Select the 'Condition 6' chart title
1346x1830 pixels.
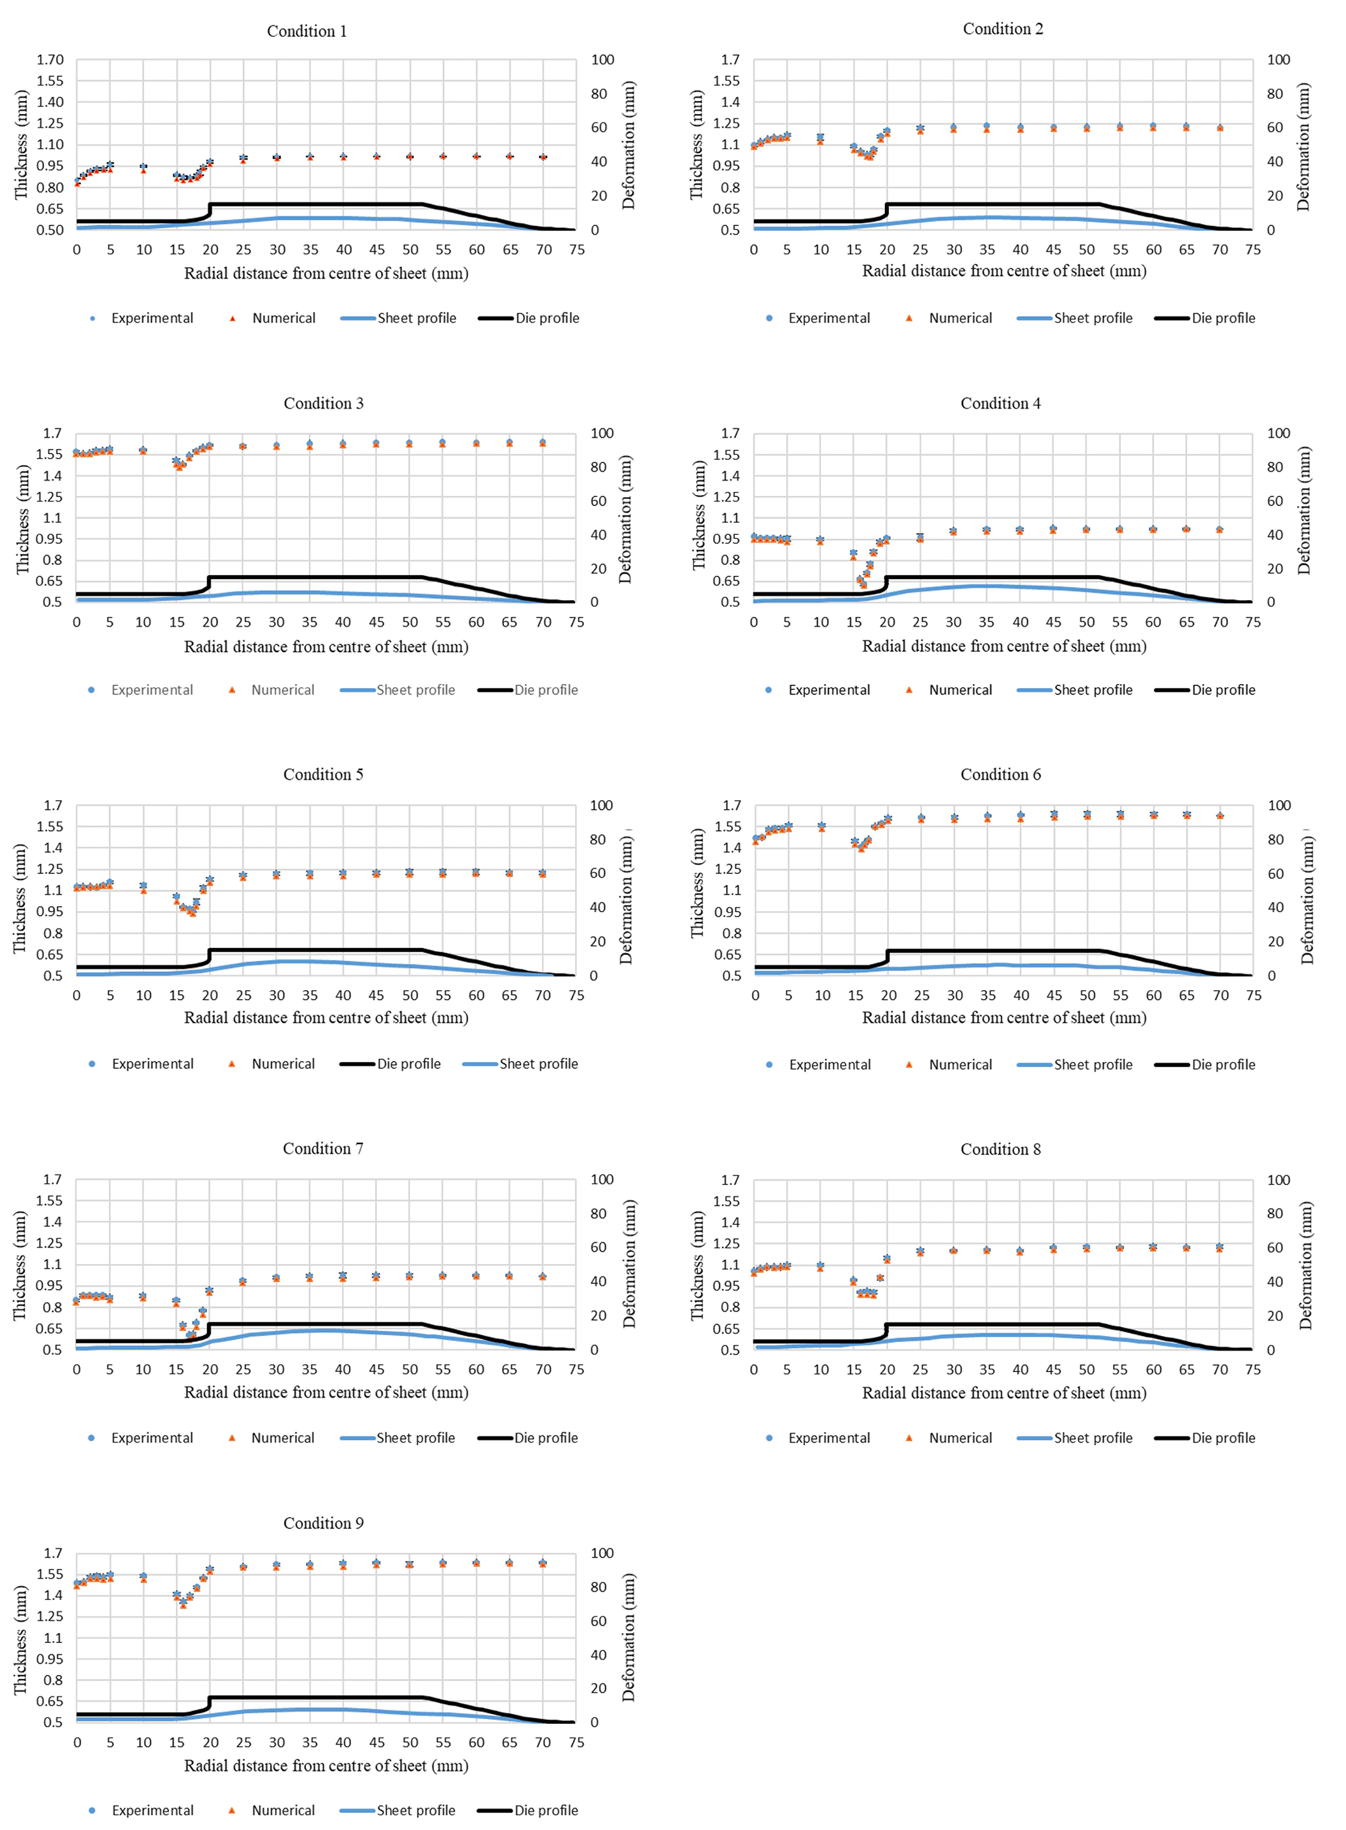pyautogui.click(x=1000, y=775)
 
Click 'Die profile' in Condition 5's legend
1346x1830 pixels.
pyautogui.click(x=408, y=1064)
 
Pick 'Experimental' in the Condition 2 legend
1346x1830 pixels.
pyautogui.click(x=828, y=318)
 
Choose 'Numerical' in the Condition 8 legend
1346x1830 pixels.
pyautogui.click(x=960, y=1438)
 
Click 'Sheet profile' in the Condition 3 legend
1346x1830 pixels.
pyautogui.click(x=415, y=690)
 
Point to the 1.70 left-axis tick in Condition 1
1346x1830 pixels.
pyautogui.click(x=49, y=59)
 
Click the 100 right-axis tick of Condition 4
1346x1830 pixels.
pyautogui.click(x=1278, y=433)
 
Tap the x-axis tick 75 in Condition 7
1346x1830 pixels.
pyautogui.click(x=576, y=1369)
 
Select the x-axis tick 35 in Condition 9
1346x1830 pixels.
pyautogui.click(x=309, y=1742)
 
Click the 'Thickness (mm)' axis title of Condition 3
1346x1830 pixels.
pyautogui.click(x=22, y=519)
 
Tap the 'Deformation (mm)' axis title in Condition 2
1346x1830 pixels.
pyautogui.click(x=1304, y=145)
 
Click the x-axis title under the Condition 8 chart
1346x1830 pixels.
pyautogui.click(x=1003, y=1393)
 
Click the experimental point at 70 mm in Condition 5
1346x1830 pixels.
pyautogui.click(x=542, y=873)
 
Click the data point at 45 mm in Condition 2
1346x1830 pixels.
pyautogui.click(x=1054, y=128)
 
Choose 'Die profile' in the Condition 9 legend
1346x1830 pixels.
pyautogui.click(x=546, y=1810)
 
